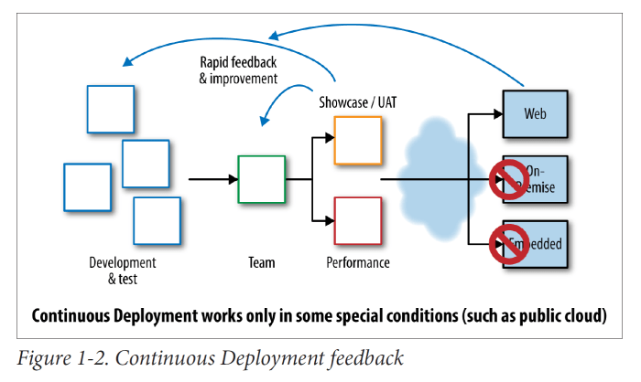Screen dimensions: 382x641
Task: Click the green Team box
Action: [262, 179]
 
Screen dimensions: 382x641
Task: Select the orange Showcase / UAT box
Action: [357, 140]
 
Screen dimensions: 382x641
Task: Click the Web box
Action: [536, 115]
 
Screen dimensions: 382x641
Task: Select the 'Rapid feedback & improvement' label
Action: [237, 70]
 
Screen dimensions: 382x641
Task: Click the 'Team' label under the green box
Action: [261, 263]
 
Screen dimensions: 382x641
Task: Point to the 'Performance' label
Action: [357, 263]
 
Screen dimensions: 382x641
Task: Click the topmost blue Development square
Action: [111, 108]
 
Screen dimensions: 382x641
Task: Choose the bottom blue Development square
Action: [157, 220]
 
